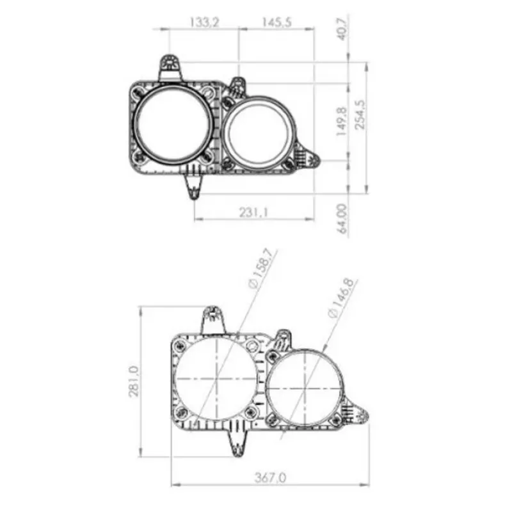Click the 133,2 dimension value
pyautogui.click(x=204, y=22)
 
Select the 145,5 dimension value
pyautogui.click(x=276, y=22)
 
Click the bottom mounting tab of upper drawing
pyautogui.click(x=194, y=185)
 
